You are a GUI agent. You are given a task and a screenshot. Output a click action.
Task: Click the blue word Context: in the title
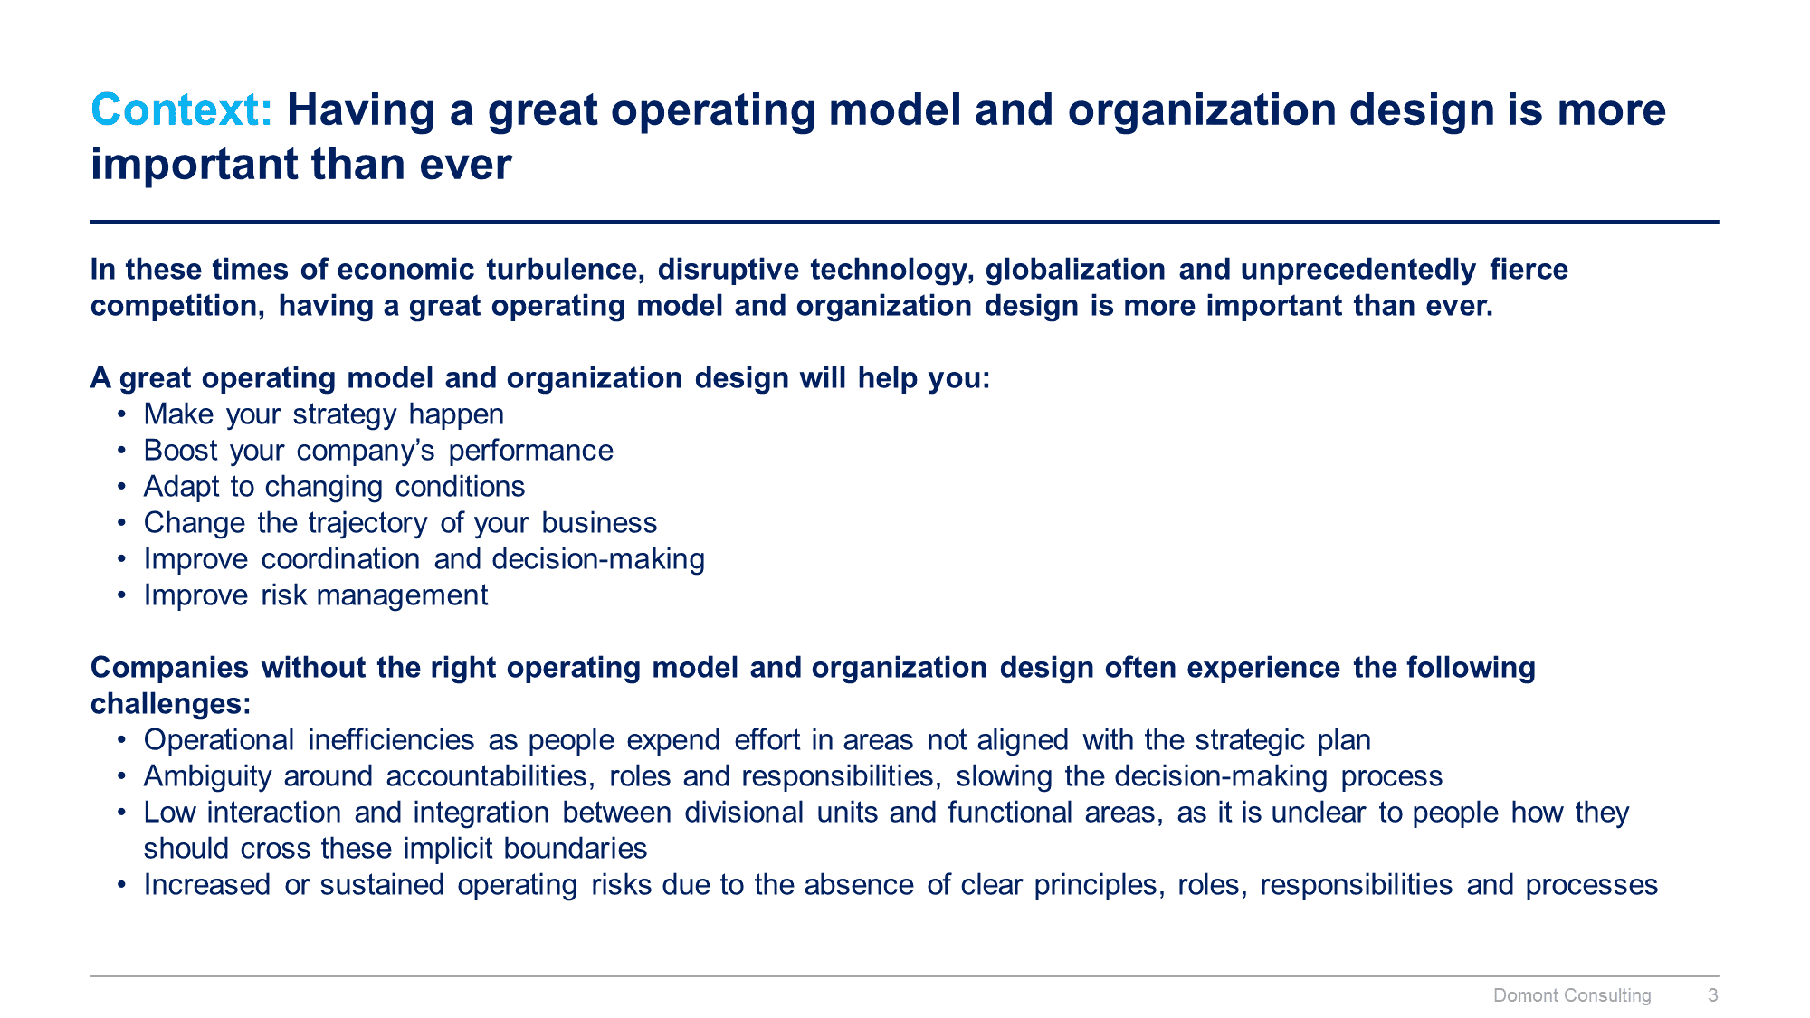coord(181,110)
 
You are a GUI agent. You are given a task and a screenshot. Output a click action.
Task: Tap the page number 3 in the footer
coord(1712,995)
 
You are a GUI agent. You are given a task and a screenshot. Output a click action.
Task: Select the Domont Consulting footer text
coord(1572,995)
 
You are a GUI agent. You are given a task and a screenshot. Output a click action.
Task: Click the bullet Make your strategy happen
coord(323,414)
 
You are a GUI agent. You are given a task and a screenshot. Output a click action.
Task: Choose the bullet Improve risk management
coord(315,595)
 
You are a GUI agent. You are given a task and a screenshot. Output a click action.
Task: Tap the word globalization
coord(1074,270)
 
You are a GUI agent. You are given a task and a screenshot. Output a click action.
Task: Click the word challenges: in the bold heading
coord(170,704)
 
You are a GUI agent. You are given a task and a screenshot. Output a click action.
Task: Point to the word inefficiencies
coord(391,740)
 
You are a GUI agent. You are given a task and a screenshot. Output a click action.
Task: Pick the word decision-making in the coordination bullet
coord(598,559)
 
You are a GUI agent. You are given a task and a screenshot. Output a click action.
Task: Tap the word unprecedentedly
coord(1357,270)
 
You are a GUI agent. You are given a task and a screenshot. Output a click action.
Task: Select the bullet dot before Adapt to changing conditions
coord(121,487)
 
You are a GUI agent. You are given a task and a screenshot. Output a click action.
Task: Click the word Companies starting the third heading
coord(169,668)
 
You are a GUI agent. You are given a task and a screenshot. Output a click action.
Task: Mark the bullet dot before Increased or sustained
coord(121,885)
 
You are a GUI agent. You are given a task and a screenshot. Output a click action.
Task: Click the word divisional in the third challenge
coord(743,813)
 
